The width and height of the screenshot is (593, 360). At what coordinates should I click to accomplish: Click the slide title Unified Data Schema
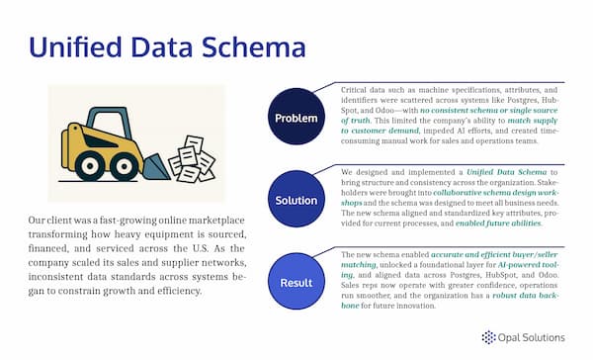166,46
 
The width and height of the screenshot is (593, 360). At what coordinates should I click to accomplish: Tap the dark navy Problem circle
297,117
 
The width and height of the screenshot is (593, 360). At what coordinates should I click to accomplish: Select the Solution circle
297,199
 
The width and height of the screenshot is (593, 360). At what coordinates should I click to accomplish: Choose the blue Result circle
297,283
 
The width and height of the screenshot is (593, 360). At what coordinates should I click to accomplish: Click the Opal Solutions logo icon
488,337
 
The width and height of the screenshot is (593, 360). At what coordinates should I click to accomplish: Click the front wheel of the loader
127,165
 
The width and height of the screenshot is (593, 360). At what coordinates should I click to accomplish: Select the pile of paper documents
192,157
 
